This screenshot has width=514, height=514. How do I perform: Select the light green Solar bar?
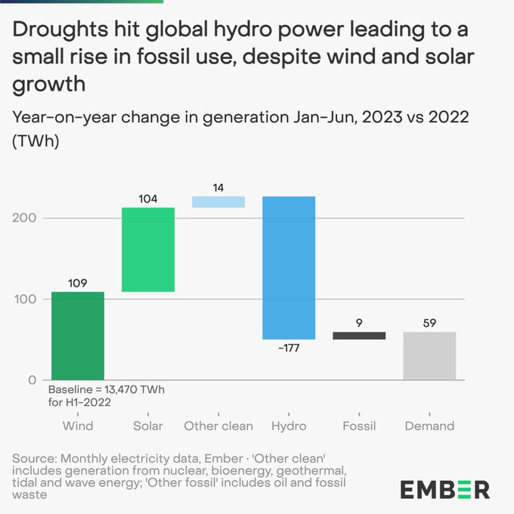click(x=148, y=249)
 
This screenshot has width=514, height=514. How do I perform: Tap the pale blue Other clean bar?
click(x=218, y=202)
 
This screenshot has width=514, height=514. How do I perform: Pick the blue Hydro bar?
click(x=289, y=268)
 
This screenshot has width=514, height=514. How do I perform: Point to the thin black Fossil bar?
click(x=359, y=336)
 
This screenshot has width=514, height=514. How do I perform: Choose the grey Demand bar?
click(x=429, y=355)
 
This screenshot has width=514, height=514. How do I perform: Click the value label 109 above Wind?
click(x=78, y=283)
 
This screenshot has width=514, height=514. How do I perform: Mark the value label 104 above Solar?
click(x=148, y=199)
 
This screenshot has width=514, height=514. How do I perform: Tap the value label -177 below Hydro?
click(x=289, y=348)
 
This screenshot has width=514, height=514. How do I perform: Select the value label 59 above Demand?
click(x=429, y=323)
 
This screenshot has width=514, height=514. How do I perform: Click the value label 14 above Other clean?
click(x=218, y=187)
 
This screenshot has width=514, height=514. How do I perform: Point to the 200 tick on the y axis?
click(x=25, y=218)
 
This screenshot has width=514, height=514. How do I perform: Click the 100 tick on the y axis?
click(x=25, y=299)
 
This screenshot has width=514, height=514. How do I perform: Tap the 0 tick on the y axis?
click(x=32, y=380)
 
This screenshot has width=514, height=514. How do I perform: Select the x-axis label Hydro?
click(x=289, y=426)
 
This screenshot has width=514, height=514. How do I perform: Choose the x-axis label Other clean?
click(x=218, y=426)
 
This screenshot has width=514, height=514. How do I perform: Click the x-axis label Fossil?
click(x=359, y=426)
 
